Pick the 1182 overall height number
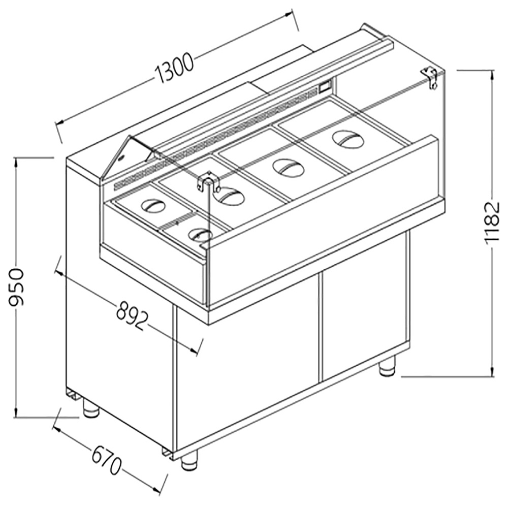(492, 224)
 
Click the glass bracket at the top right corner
(430, 77)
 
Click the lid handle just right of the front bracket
(232, 196)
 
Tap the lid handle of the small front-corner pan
(199, 234)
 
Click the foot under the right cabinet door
(387, 366)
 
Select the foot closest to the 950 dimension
(91, 409)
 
